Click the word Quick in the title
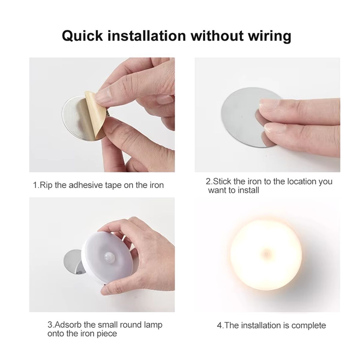(x=82, y=36)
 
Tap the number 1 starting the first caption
(x=34, y=185)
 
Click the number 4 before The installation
(x=219, y=325)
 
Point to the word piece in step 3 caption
(x=107, y=333)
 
